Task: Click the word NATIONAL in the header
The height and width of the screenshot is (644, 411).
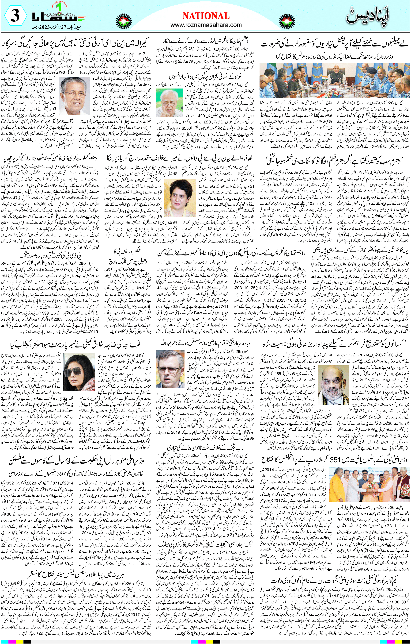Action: point(206,16)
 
